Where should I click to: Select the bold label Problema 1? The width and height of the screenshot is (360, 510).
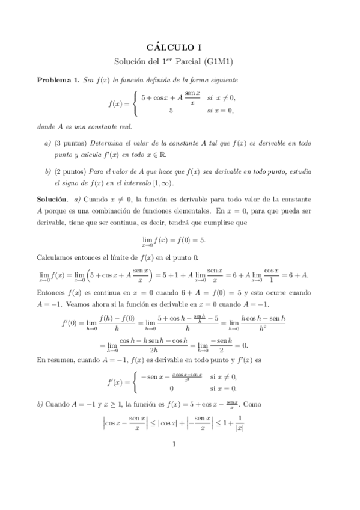[x=58, y=80]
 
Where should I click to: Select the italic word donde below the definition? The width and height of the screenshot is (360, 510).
[x=48, y=127]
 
